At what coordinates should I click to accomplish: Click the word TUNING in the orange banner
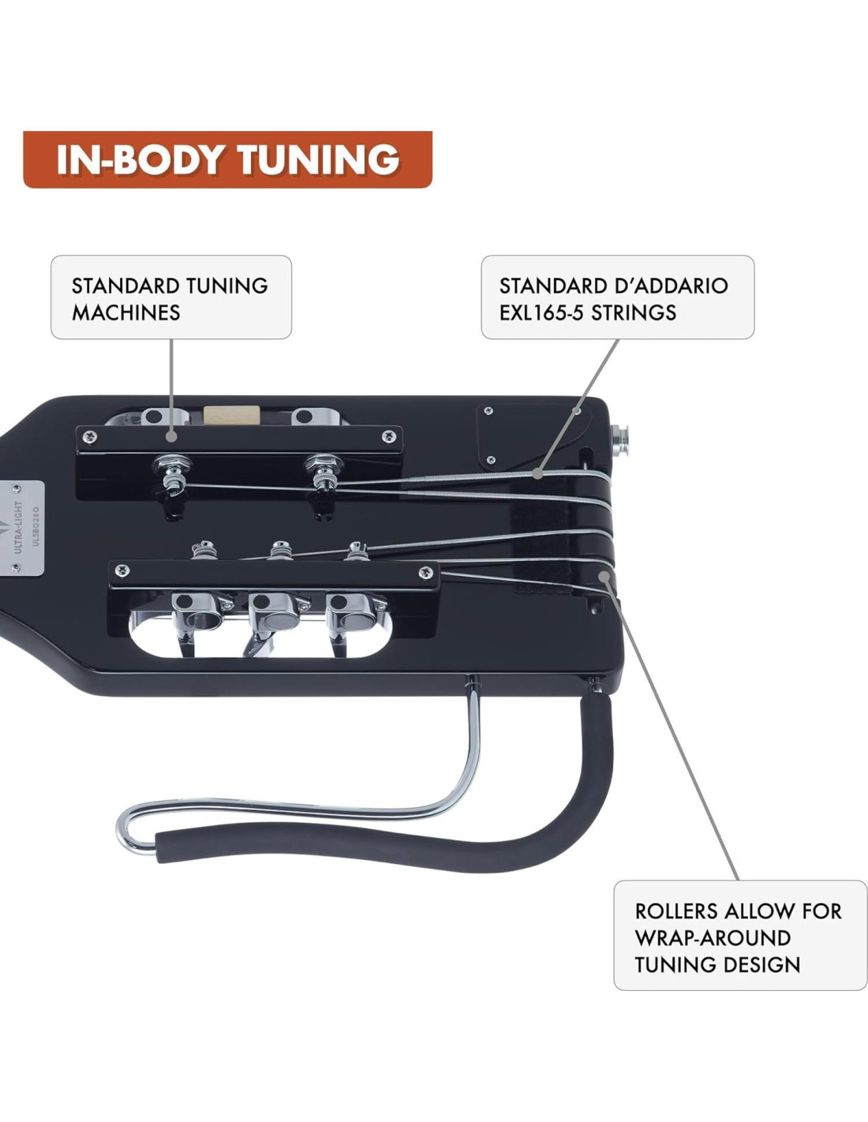click(x=320, y=159)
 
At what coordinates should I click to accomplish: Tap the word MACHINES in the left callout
click(x=126, y=312)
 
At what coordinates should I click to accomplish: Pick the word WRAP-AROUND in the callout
click(x=713, y=938)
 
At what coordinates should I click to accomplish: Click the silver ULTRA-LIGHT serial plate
click(x=27, y=527)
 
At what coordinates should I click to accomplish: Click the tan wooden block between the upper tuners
click(x=232, y=416)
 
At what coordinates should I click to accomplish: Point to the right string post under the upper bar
click(x=323, y=473)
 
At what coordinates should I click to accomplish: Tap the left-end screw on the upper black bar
click(x=90, y=437)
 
